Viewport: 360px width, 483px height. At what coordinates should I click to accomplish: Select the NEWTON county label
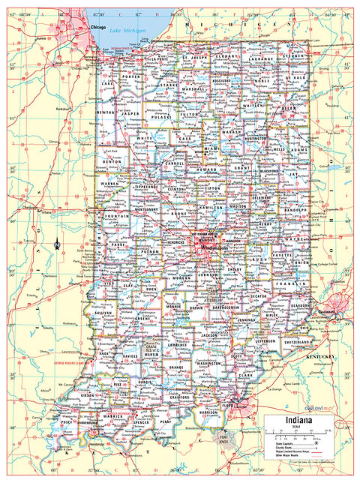click(106, 113)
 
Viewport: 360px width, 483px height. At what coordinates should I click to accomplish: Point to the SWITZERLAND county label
click(297, 342)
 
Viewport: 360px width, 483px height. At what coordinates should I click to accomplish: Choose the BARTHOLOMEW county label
click(223, 306)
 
